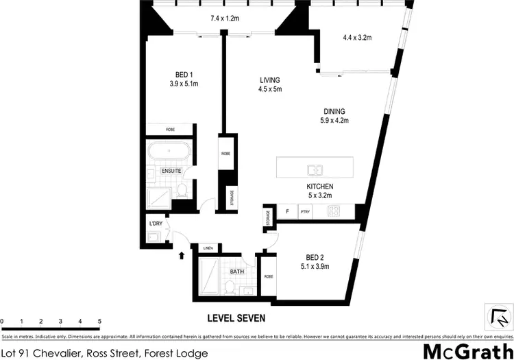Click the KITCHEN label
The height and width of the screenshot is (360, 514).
pyautogui.click(x=319, y=187)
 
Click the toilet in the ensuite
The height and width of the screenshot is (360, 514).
pyautogui.click(x=182, y=189)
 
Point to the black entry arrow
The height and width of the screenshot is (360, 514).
pyautogui.click(x=182, y=256)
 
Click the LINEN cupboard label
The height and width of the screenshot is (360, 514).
pyautogui.click(x=208, y=248)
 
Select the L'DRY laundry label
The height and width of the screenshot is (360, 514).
pyautogui.click(x=156, y=224)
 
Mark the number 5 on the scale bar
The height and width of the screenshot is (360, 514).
pyautogui.click(x=99, y=321)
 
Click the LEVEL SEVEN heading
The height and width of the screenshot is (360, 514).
pyautogui.click(x=236, y=318)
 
